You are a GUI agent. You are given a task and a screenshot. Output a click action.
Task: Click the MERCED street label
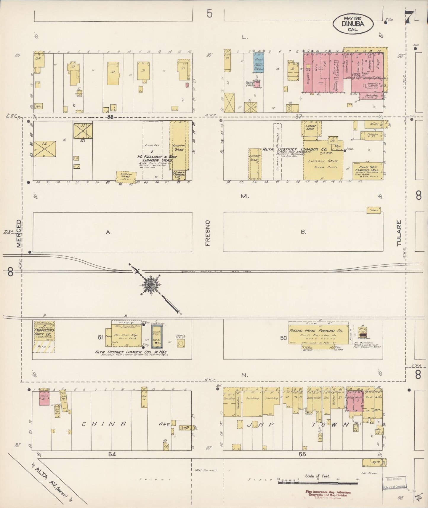pyautogui.click(x=19, y=233)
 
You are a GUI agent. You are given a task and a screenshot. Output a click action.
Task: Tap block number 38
pyautogui.click(x=110, y=117)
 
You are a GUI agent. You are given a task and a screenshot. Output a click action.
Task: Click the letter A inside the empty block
pyautogui.click(x=109, y=233)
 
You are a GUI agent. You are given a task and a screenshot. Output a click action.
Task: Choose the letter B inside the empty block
pyautogui.click(x=303, y=232)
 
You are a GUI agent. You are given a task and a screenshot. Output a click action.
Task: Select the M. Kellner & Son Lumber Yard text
pyautogui.click(x=154, y=158)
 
